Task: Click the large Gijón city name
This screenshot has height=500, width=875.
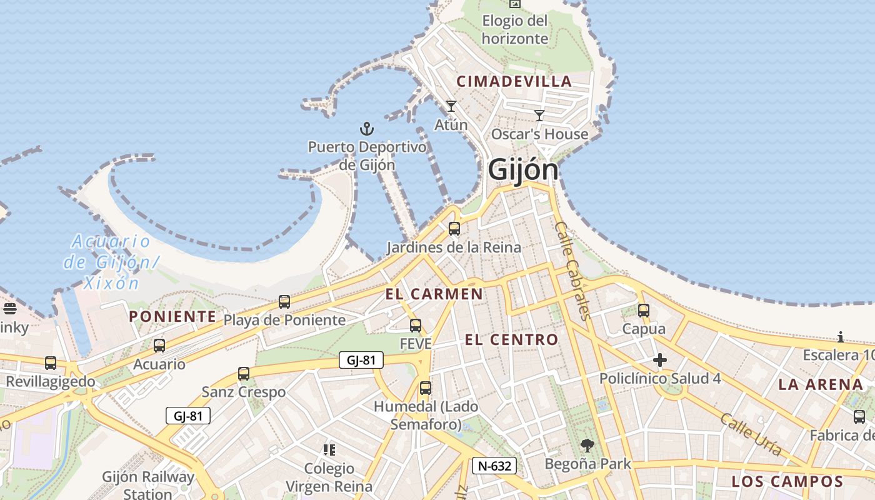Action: [522, 169]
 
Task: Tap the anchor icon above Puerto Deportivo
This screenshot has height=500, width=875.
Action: [367, 129]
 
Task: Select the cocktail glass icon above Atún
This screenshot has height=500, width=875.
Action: [451, 106]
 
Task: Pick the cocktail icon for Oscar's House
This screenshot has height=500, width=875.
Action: [539, 115]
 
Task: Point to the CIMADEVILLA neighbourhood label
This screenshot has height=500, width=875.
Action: [514, 81]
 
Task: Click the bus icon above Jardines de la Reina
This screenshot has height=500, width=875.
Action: [454, 229]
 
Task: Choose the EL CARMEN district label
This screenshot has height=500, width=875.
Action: [434, 294]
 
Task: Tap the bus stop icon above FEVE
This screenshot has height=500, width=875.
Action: [416, 326]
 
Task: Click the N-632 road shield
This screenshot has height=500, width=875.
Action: [494, 466]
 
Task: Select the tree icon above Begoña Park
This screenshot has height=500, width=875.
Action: [587, 446]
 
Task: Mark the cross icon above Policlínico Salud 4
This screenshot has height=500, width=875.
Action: [660, 360]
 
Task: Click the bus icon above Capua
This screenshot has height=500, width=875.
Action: [644, 310]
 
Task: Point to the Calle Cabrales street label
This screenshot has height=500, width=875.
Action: [572, 271]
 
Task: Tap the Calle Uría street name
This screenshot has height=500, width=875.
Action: [751, 434]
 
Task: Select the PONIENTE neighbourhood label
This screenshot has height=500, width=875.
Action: [172, 316]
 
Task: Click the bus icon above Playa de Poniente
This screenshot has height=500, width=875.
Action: [284, 302]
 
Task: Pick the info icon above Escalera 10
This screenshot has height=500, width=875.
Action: [841, 337]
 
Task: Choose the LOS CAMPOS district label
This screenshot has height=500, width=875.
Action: [787, 481]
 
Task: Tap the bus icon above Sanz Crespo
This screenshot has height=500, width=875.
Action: [244, 374]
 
